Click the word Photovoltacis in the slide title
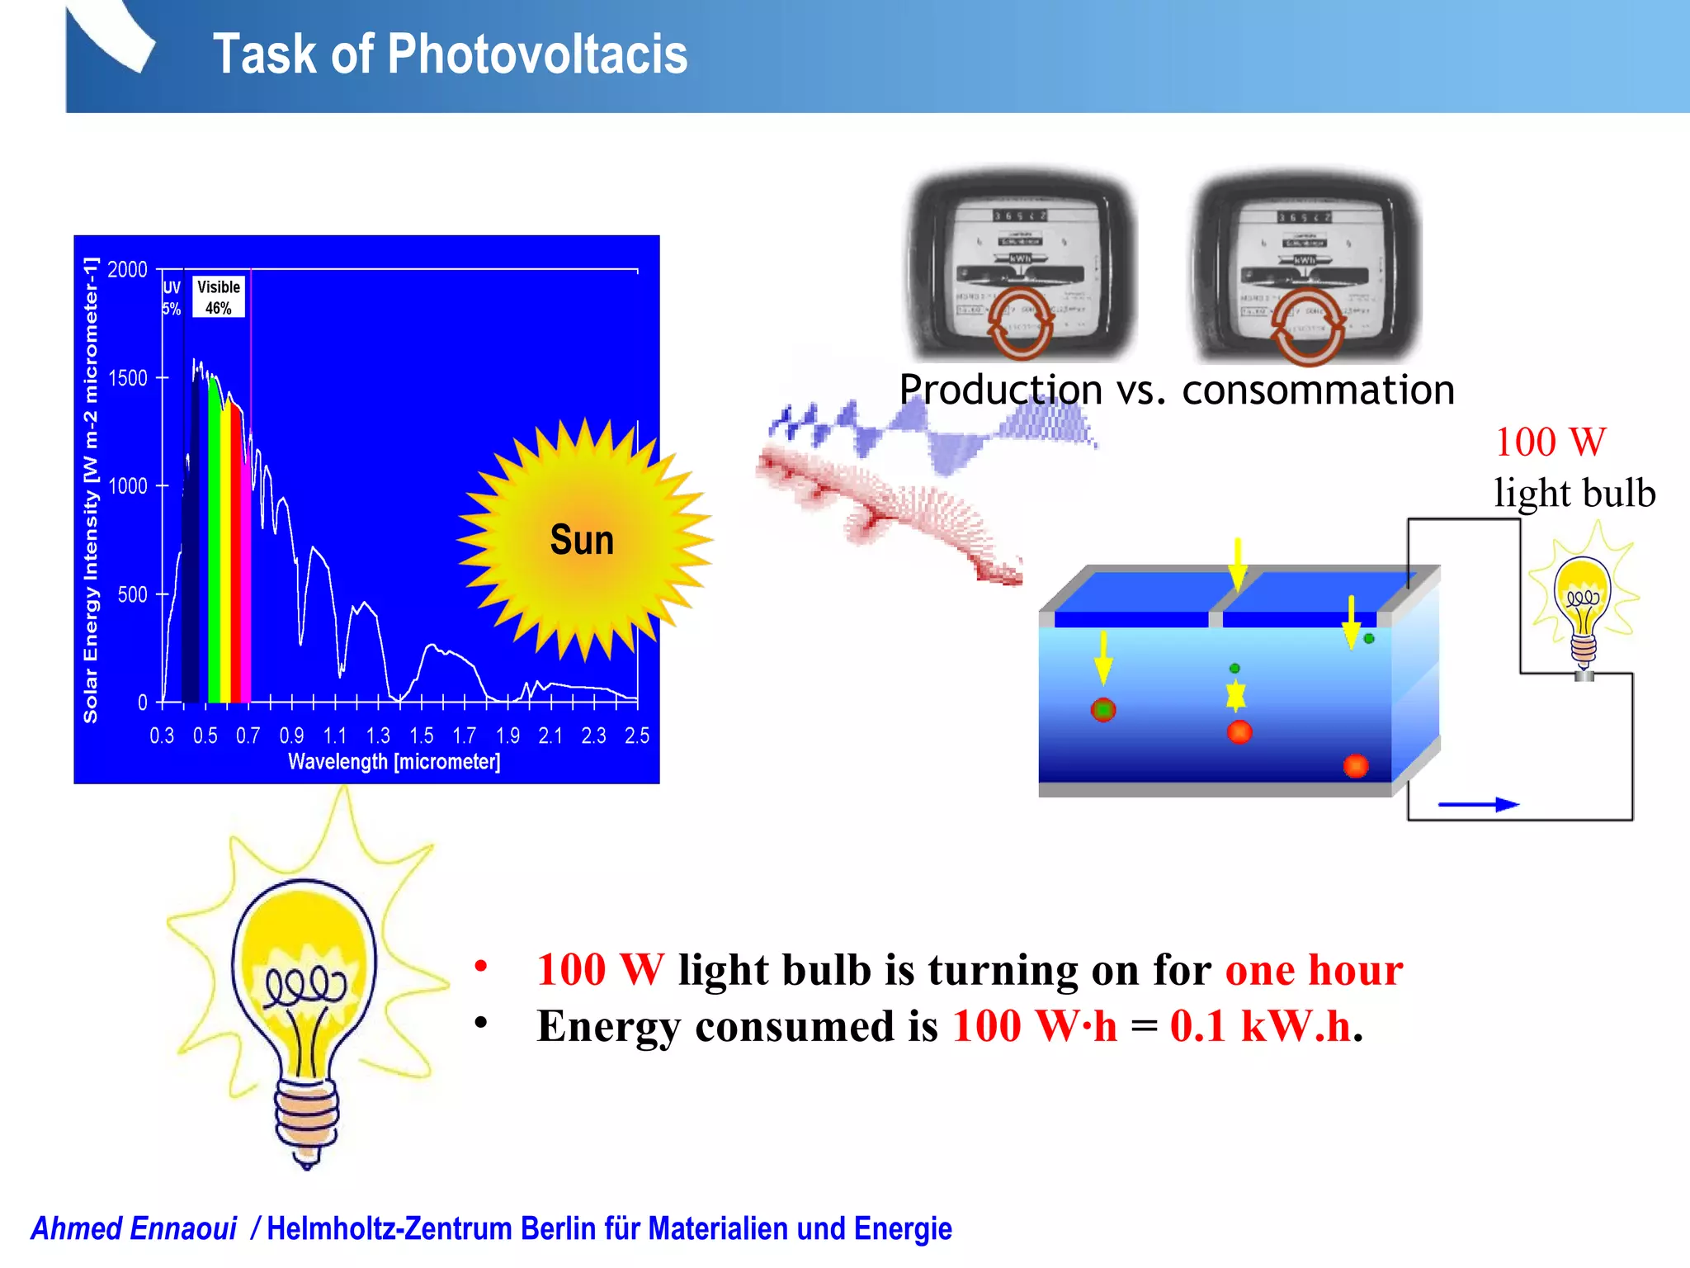tap(536, 54)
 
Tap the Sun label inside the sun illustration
tap(582, 541)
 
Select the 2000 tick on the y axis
tap(127, 270)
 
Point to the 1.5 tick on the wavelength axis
tap(421, 736)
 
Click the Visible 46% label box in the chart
tap(219, 297)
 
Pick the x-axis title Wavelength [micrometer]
tap(394, 761)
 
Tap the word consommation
tap(1318, 390)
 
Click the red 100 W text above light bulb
tap(1551, 442)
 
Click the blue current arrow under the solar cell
tap(1478, 804)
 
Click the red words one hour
tap(1314, 970)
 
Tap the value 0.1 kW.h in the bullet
tap(1260, 1026)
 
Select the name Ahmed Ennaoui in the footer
tap(135, 1228)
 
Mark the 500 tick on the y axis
tap(132, 594)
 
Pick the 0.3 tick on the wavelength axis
tap(162, 736)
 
